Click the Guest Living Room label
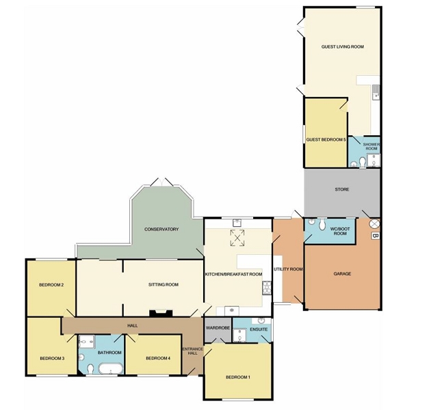click(343, 46)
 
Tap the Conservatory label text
click(161, 230)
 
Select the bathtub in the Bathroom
click(111, 368)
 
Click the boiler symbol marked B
click(376, 236)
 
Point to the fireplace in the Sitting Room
click(161, 313)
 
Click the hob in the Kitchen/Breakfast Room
click(267, 288)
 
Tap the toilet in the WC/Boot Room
click(323, 224)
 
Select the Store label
click(342, 189)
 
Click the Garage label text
click(342, 273)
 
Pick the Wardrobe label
click(218, 328)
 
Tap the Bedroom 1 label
click(238, 377)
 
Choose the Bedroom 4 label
click(158, 358)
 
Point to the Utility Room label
click(288, 269)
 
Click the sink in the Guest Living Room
click(376, 93)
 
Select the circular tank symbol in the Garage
click(374, 224)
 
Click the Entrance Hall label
click(193, 351)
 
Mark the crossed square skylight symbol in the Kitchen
click(237, 238)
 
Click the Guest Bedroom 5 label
click(326, 139)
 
